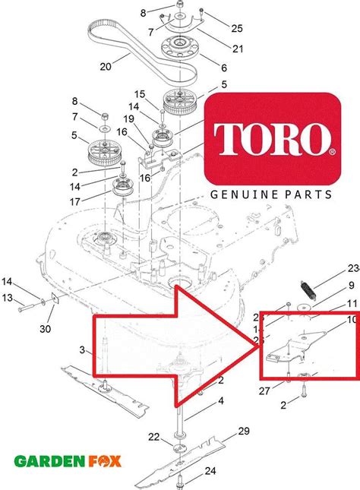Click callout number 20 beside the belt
pos(106,66)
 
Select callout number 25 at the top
pos(216,28)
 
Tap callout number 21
pos(216,49)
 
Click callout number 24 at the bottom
pos(210,470)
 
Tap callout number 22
pos(154,436)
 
